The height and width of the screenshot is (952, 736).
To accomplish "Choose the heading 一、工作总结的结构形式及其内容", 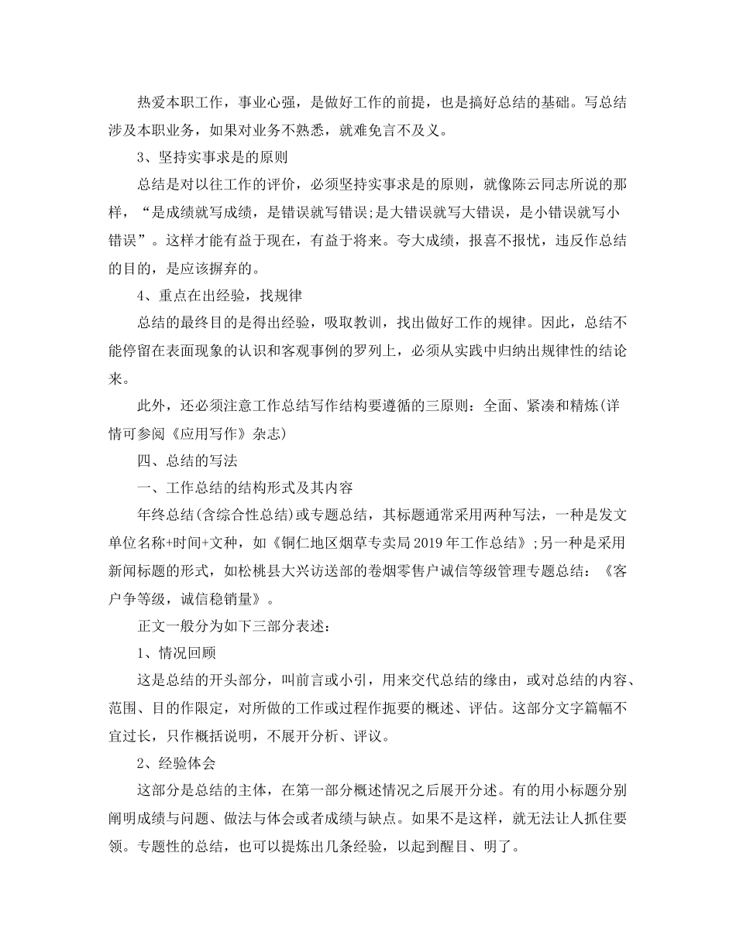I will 245,487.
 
